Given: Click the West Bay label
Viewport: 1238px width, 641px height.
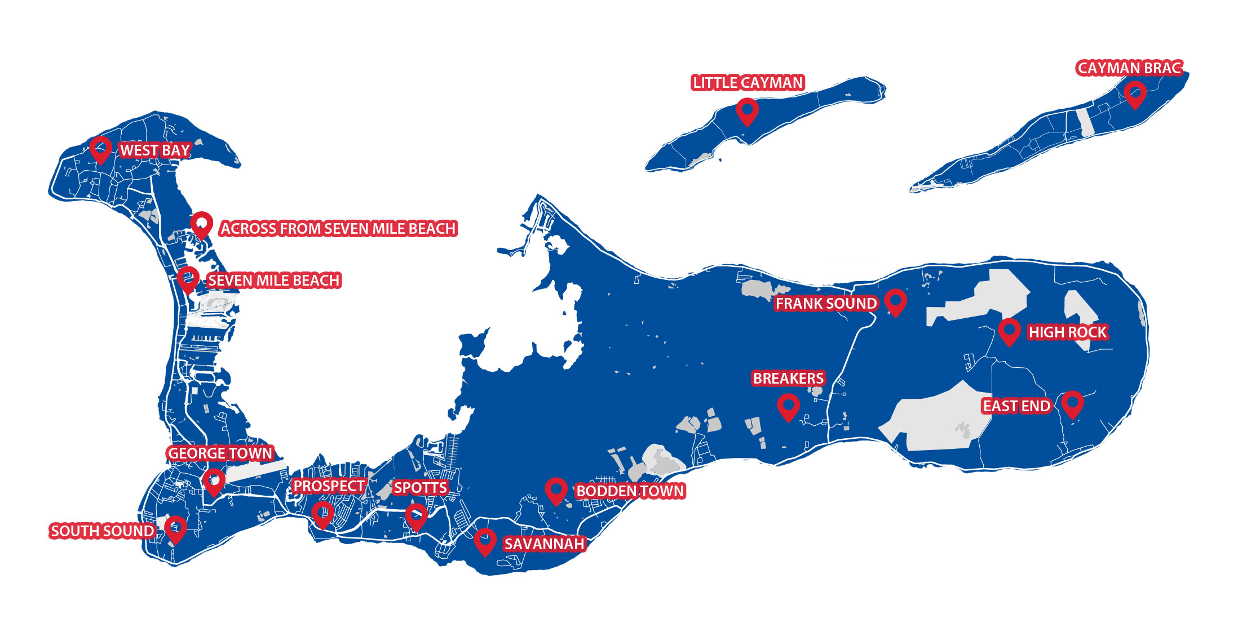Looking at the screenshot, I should [155, 150].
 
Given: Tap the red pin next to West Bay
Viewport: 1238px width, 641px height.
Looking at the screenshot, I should [101, 148].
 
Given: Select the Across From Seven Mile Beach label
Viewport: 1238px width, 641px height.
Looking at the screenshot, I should [338, 228].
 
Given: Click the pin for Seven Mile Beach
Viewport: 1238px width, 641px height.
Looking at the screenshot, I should [188, 278].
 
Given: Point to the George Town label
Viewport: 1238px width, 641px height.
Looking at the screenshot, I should [220, 453].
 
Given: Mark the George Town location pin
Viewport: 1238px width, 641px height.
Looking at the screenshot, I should [214, 481].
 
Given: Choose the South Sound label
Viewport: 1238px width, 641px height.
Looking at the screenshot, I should [102, 531].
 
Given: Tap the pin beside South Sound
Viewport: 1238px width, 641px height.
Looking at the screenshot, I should [175, 528].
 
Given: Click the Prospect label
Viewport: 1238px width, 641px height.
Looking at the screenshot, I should [329, 486].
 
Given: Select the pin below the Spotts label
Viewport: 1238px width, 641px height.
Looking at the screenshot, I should [416, 515].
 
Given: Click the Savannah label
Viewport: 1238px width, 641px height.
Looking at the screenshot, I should [544, 544].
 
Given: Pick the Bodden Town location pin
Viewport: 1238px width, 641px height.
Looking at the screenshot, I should [556, 490].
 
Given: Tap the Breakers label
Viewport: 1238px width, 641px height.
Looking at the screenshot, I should [789, 378].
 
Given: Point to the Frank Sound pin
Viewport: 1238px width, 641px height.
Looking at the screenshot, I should [895, 301].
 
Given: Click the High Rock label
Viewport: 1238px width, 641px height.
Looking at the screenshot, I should [1068, 332].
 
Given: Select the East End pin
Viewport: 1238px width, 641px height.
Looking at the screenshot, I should [1072, 403].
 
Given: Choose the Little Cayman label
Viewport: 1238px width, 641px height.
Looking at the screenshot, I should [748, 83].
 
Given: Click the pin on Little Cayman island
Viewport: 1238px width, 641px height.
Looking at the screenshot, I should [747, 110].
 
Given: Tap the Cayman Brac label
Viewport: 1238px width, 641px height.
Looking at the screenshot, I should [1130, 68].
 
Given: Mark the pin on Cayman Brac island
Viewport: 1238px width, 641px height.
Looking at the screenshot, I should [1135, 94].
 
